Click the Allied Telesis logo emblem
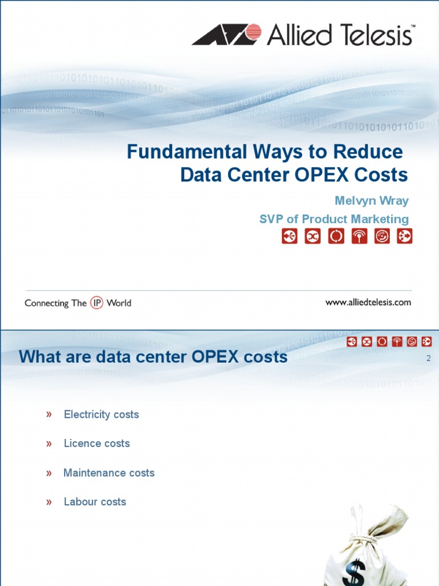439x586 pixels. (x=226, y=34)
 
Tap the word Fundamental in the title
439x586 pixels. (x=187, y=152)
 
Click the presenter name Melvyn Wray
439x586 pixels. (x=372, y=201)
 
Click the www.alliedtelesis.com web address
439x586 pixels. (x=368, y=302)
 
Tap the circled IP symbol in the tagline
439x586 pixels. (x=97, y=303)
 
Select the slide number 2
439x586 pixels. (x=429, y=358)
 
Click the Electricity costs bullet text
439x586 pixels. (x=101, y=414)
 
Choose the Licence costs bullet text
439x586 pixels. (x=97, y=444)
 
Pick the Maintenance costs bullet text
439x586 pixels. (x=109, y=473)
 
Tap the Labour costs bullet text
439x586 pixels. (x=95, y=501)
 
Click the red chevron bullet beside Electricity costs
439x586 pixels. (x=49, y=414)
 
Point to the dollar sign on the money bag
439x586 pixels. (x=354, y=572)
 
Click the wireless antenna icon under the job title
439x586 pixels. (x=359, y=236)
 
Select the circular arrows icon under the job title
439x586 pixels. (x=336, y=236)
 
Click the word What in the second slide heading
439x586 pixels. (x=40, y=357)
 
